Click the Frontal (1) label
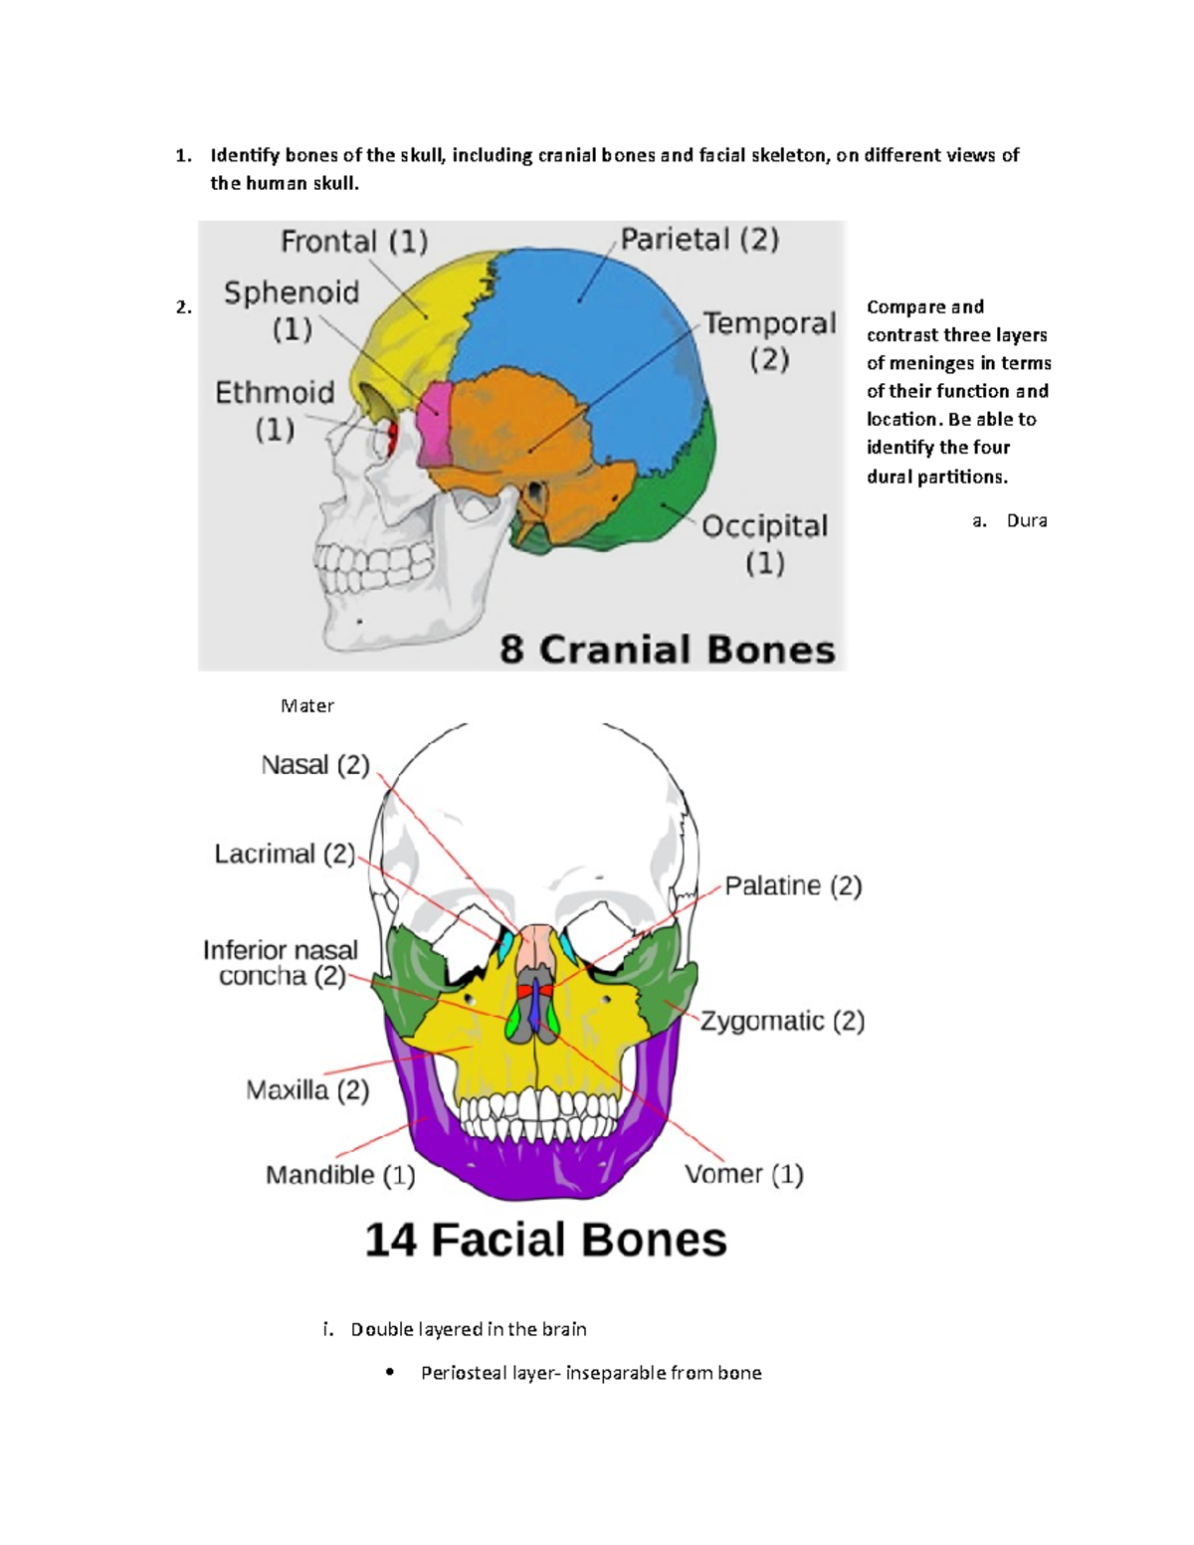pos(354,242)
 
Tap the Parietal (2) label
pos(699,239)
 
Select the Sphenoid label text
pos(292,292)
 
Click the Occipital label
pos(764,526)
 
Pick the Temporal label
pos(769,324)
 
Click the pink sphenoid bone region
pos(434,425)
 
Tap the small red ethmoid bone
pos(392,433)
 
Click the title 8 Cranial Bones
pos(667,650)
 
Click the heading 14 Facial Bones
pos(545,1240)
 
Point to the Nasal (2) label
pos(314,765)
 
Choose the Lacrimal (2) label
pos(285,854)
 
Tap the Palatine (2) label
pos(792,885)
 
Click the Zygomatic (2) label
pos(782,1021)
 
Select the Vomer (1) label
pos(743,1174)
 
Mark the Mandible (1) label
pos(340,1175)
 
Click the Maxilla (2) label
pos(307,1090)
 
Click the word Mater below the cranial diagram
pos(306,705)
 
